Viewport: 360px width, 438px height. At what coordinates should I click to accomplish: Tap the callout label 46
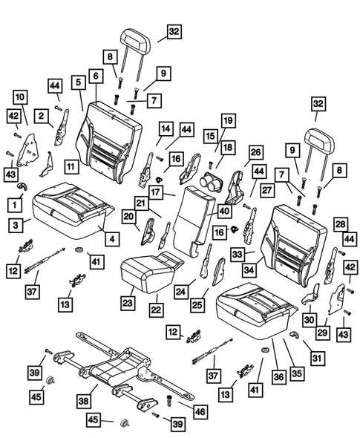pyautogui.click(x=200, y=408)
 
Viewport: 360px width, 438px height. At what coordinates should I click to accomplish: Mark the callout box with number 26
pyautogui.click(x=255, y=152)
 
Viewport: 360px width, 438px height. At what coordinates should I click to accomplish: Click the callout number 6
pyautogui.click(x=96, y=75)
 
